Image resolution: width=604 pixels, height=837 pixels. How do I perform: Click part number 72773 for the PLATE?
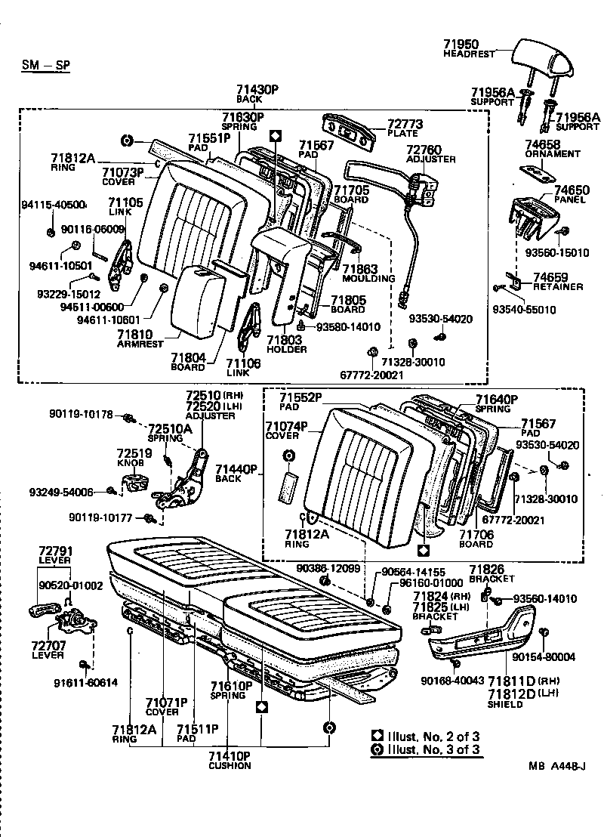(405, 124)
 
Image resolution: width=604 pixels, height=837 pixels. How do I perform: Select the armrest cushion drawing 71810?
(198, 302)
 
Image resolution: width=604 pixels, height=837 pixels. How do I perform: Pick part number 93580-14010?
(348, 326)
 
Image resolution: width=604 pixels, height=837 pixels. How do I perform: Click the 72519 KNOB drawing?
(137, 481)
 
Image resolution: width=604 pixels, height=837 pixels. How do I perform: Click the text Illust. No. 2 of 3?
(433, 735)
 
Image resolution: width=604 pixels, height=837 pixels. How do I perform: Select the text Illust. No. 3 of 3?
(433, 749)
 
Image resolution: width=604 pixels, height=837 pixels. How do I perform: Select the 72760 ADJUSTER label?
(430, 154)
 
